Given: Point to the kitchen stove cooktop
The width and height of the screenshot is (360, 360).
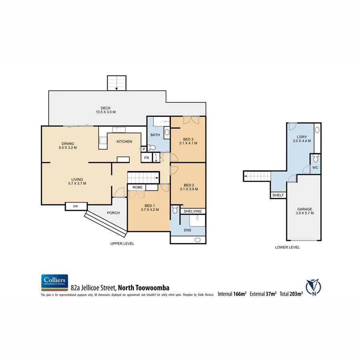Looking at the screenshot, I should coord(102,140).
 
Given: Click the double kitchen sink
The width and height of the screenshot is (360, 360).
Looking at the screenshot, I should coord(119,129).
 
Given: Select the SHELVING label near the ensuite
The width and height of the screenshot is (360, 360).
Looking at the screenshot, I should coord(193,211).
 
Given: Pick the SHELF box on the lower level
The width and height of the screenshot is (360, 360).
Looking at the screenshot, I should coord(278,195).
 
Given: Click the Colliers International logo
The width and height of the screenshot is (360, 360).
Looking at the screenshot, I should coord(54,282).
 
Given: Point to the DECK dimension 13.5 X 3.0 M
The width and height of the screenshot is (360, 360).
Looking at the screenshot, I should coord(106,112).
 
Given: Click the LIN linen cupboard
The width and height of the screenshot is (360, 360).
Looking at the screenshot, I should coord(156,158).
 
